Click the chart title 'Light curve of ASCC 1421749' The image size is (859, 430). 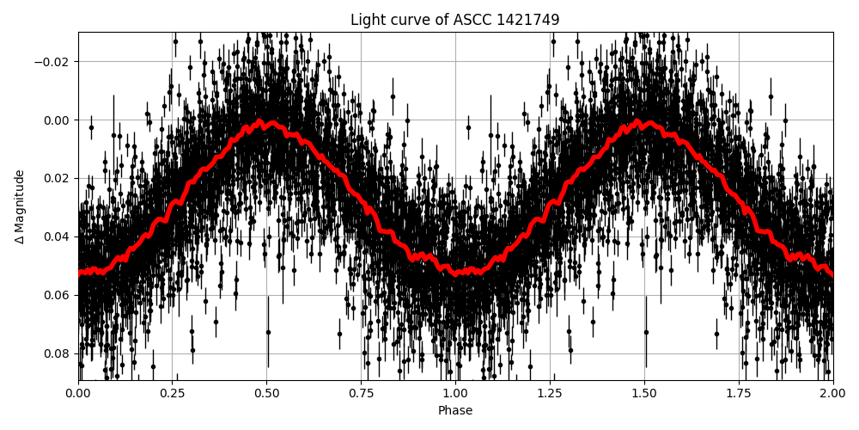[454, 20]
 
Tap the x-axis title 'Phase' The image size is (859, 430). [454, 411]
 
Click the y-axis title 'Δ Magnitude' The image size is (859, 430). [20, 206]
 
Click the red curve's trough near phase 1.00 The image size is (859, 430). [455, 272]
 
